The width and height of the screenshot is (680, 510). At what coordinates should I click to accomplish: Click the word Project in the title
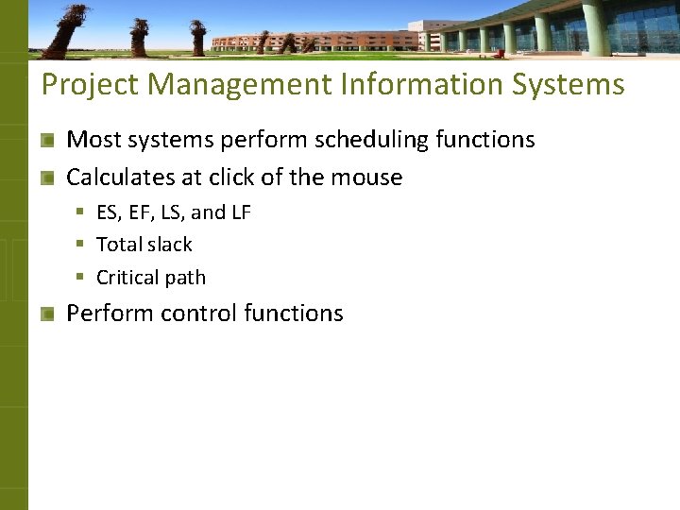90,85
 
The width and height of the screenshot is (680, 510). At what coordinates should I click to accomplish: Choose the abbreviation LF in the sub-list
240,213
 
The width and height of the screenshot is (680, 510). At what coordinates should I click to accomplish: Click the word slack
170,245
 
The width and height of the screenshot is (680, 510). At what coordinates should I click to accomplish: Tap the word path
185,279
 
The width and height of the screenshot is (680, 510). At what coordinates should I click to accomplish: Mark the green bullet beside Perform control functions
47,314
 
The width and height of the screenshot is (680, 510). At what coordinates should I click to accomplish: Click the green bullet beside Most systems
47,141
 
